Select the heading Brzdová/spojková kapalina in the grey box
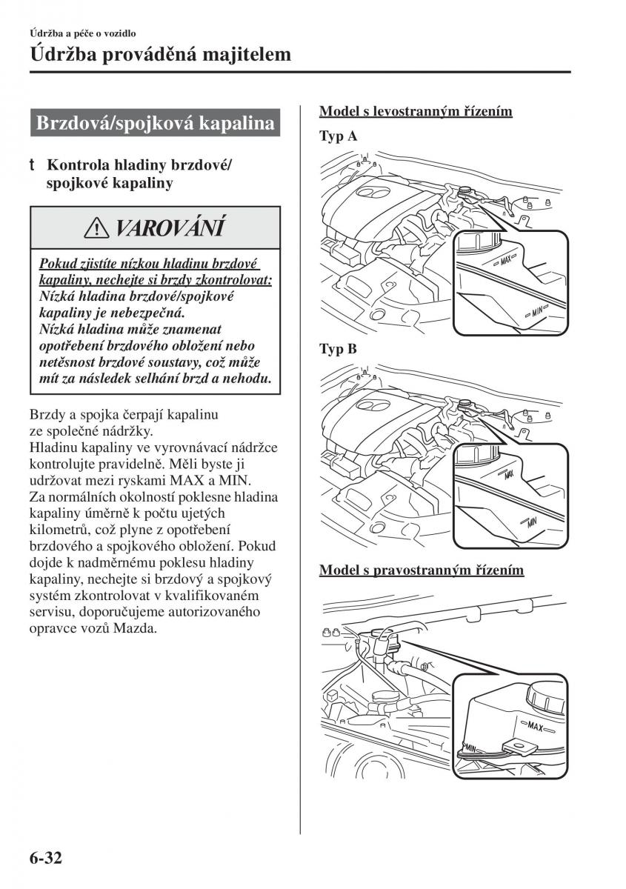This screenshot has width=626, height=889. pos(156,123)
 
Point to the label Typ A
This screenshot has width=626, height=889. pos(338,136)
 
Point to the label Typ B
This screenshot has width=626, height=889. pos(338,350)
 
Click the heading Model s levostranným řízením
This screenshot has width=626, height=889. pos(416,111)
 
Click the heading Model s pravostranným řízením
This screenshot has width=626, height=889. pos(422,570)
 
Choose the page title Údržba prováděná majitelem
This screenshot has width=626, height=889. pos(160,54)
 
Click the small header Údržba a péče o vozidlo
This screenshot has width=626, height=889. pos(82,33)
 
